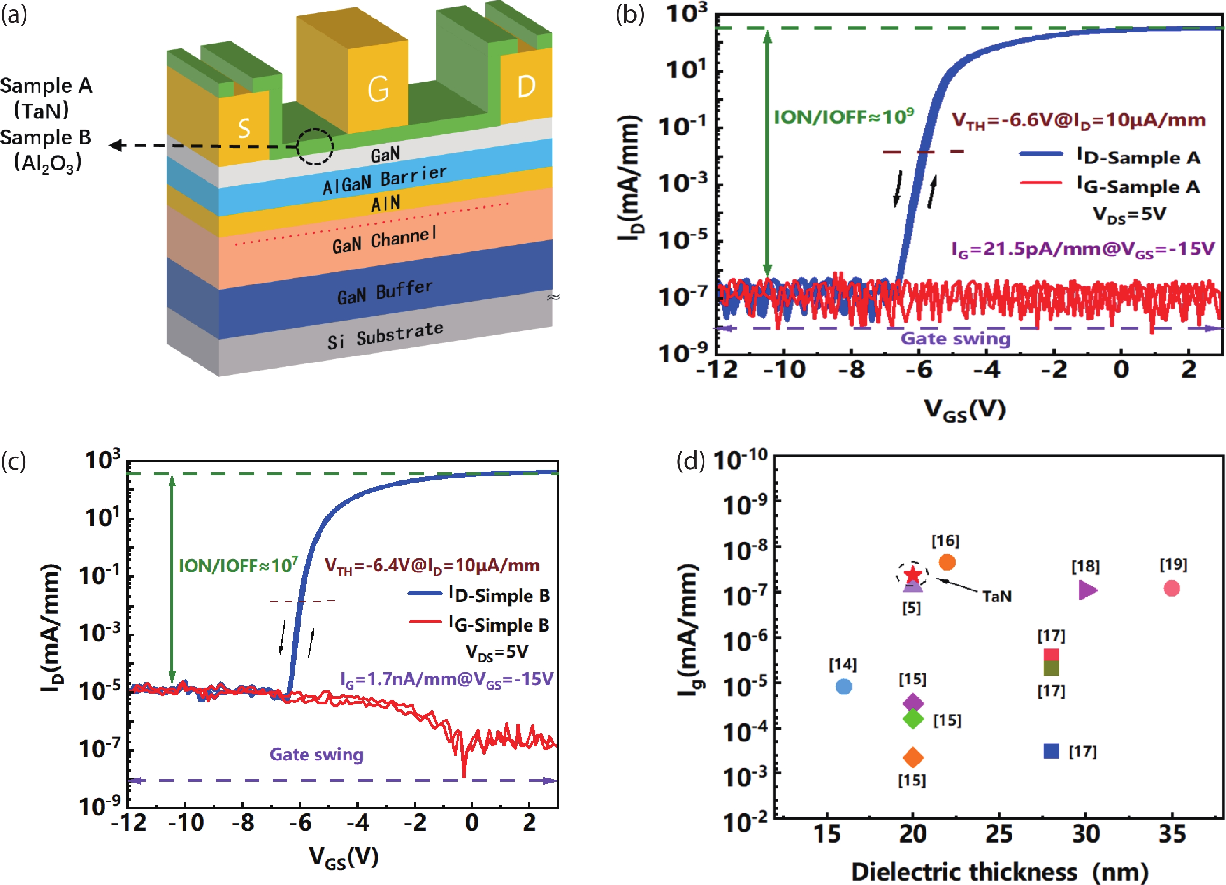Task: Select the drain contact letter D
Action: [x=526, y=86]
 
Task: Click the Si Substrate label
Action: [x=385, y=335]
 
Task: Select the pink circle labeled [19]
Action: [x=1172, y=588]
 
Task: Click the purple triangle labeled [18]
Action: [x=1087, y=590]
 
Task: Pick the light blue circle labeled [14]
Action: [x=844, y=687]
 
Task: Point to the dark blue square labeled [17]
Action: [x=1051, y=751]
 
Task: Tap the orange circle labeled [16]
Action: [x=947, y=562]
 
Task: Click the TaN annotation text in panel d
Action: [x=997, y=596]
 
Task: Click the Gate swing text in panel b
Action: [x=955, y=339]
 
